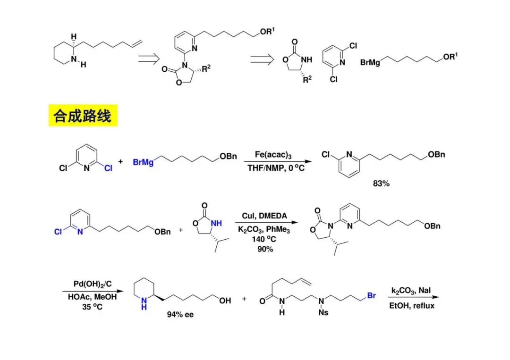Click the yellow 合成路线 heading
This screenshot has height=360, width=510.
coord(83,116)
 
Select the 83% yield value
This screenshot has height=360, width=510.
coord(381,184)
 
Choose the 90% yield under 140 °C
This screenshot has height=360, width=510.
coord(265,248)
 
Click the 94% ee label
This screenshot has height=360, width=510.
coord(180,314)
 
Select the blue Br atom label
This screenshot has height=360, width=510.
coord(371,296)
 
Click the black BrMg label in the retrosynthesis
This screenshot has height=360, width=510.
coord(371,62)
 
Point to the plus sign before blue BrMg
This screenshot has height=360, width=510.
coord(121,161)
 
